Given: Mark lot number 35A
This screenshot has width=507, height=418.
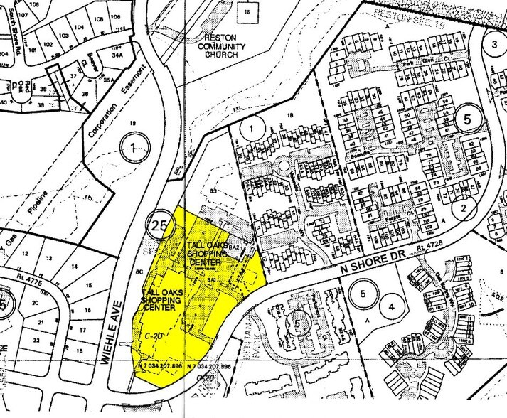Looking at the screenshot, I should pyautogui.click(x=108, y=81).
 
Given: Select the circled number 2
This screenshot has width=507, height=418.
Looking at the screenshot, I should pyautogui.click(x=464, y=208).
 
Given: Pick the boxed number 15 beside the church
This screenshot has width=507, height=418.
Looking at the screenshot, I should pyautogui.click(x=246, y=12).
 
